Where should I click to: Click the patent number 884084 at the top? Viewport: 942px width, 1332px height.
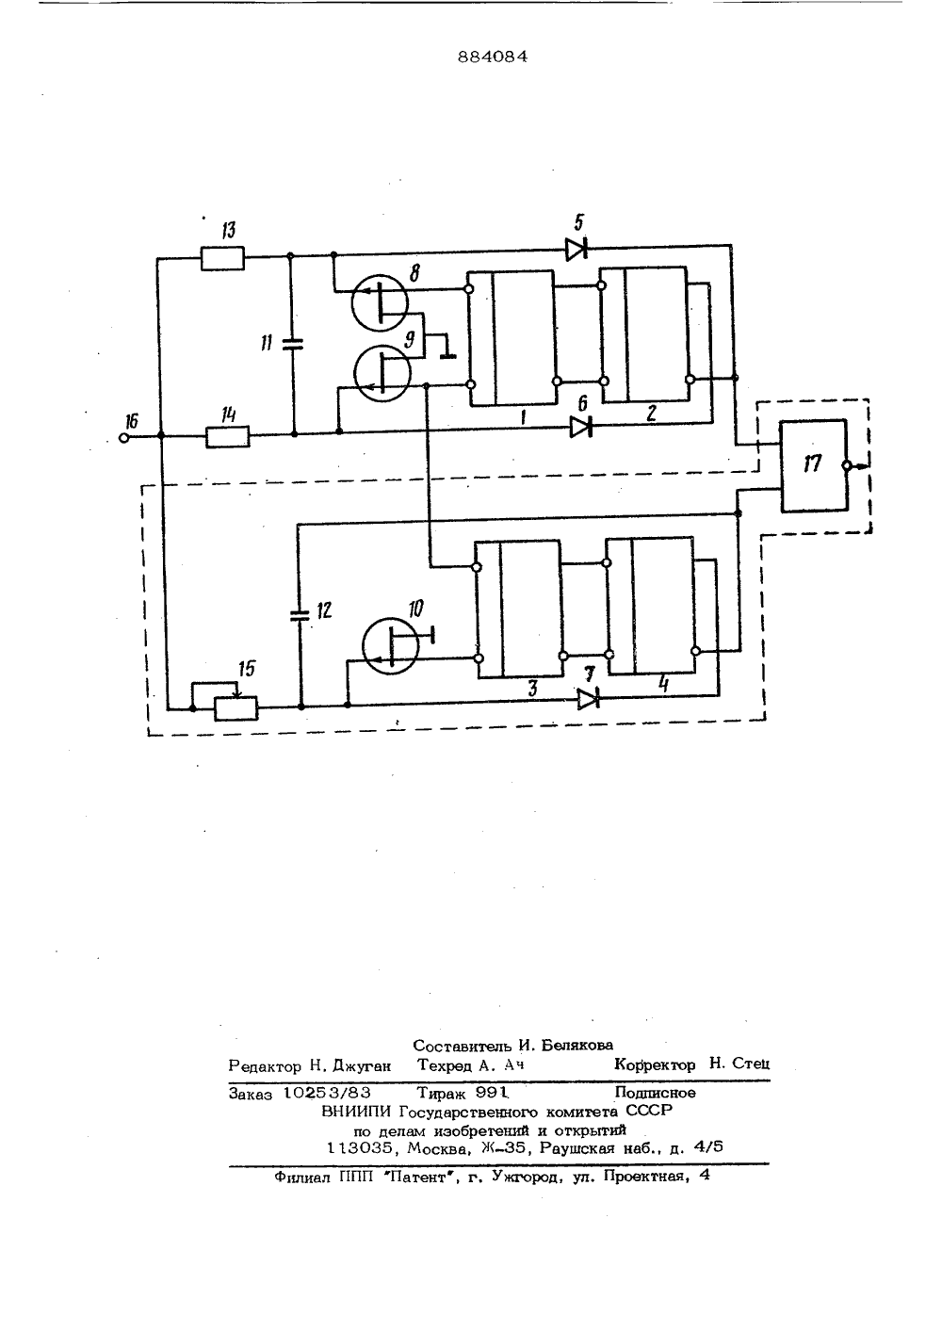coord(493,57)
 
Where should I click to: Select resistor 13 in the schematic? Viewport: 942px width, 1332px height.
coord(222,259)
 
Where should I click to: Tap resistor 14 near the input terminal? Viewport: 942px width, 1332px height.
coord(228,436)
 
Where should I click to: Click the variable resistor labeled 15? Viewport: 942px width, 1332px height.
coord(236,707)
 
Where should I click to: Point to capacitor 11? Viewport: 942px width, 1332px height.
coord(291,344)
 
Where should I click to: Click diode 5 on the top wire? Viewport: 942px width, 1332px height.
coord(577,249)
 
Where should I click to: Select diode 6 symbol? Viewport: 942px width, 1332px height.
coord(580,427)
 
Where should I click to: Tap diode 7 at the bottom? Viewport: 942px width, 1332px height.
coord(588,699)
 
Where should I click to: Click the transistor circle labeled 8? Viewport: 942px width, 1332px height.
coord(380,302)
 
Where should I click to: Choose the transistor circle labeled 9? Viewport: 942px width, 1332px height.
coord(382,374)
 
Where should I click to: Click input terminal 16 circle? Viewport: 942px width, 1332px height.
coord(123,438)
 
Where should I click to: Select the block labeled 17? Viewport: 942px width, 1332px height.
coord(814,465)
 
